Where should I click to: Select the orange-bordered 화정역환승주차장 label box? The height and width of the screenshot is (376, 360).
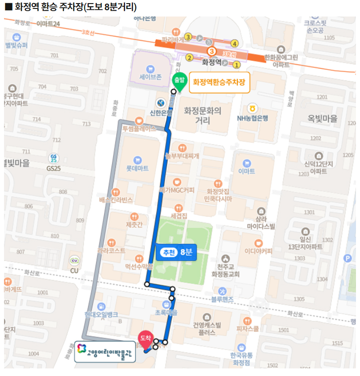[x=219, y=83]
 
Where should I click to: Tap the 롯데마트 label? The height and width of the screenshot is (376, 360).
[x=137, y=168]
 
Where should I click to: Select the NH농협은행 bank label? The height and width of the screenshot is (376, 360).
[x=252, y=118]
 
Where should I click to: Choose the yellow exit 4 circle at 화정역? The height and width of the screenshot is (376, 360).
[x=234, y=44]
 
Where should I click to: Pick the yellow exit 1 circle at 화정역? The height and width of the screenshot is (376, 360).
[x=237, y=65]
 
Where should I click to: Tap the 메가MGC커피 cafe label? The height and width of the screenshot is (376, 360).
[x=177, y=190]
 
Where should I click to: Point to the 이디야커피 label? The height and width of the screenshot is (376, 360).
[x=258, y=251]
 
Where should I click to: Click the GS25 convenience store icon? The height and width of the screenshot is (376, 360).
[x=54, y=159]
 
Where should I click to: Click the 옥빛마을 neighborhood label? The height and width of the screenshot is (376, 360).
[x=322, y=119]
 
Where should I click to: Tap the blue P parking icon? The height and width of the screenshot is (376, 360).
[x=347, y=258]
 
